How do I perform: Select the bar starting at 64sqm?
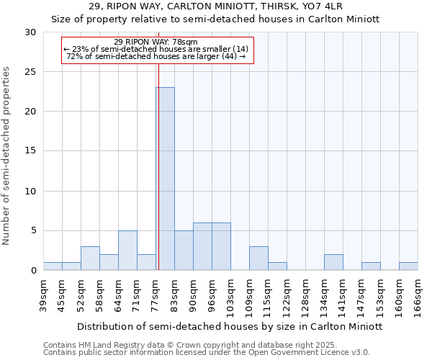127,251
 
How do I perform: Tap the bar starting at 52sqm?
90,258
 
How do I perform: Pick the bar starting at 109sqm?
258,258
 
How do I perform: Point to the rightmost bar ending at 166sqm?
408,266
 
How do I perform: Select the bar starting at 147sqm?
371,266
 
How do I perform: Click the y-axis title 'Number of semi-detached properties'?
7,156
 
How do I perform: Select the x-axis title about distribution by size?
230,326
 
